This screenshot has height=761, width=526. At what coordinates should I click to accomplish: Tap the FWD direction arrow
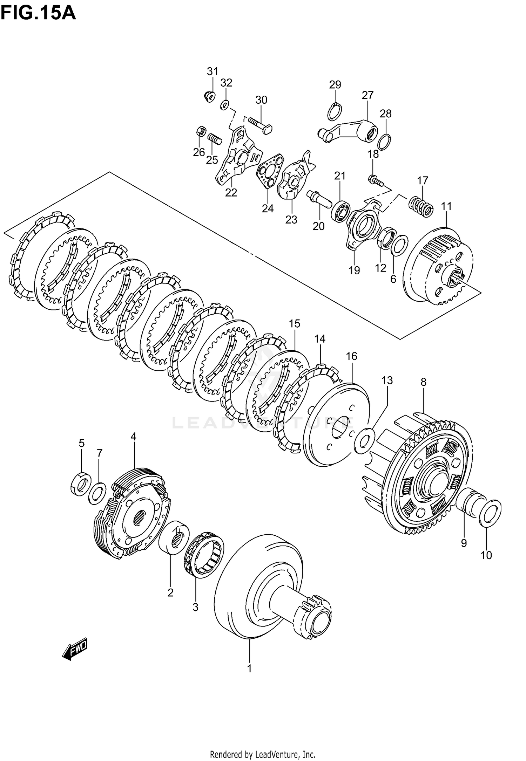point(75,651)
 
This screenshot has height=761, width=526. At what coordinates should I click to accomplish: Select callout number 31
point(212,71)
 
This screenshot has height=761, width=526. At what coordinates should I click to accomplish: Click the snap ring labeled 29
point(335,112)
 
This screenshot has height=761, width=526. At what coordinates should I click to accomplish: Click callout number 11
point(446,206)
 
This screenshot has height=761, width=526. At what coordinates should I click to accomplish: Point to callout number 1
point(249,669)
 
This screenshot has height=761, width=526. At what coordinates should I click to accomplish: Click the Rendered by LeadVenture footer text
point(263,754)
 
